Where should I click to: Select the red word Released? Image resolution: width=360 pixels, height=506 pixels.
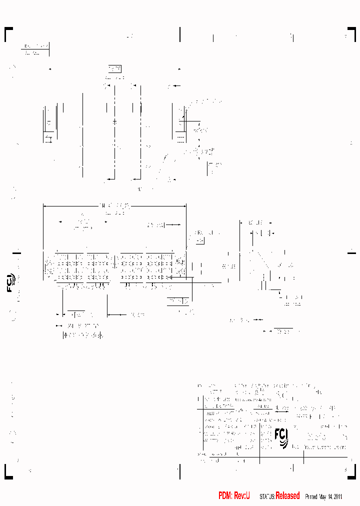coord(287,496)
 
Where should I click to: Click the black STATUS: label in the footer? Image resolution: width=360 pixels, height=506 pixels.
coord(267,496)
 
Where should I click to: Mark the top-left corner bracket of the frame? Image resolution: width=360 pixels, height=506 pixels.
coord(8,33)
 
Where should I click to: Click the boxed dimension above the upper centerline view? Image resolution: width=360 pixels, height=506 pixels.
coord(115,69)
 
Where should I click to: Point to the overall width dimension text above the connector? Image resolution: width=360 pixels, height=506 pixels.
coord(115,205)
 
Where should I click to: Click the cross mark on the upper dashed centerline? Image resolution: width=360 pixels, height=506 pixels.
coord(115,121)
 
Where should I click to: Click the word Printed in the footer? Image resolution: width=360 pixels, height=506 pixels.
coord(311,496)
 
